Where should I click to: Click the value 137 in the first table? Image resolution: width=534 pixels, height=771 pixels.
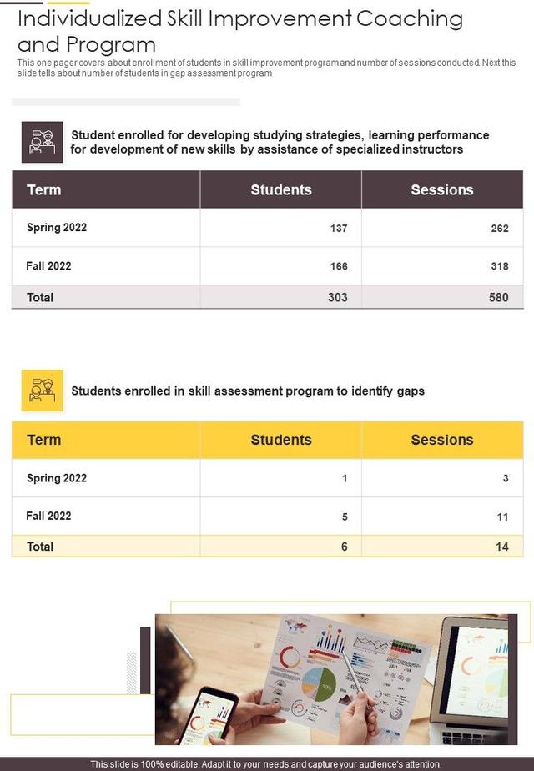pos(339,228)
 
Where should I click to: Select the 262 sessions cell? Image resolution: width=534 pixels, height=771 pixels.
pos(500,228)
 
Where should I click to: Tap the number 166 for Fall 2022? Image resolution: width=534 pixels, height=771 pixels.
pos(339,266)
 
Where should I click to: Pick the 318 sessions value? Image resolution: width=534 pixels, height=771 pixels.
pos(500,266)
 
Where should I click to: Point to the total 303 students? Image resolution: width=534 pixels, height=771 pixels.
pos(338,297)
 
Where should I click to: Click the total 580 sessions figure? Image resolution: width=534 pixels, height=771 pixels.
pos(499,297)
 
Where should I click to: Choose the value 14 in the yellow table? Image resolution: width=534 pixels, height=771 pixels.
pos(501,547)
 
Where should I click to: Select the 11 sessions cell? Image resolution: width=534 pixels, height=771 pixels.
pos(502,517)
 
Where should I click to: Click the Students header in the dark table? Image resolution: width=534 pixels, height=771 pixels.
pos(281,189)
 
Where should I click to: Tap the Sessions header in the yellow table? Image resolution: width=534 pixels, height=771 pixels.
pos(442,440)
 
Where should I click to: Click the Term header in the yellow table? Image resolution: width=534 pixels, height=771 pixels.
pos(44,440)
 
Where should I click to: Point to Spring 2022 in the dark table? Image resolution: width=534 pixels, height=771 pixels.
pos(57,228)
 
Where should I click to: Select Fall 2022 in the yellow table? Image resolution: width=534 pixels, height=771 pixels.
pos(48,516)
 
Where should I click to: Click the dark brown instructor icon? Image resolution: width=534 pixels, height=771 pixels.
pos(43,142)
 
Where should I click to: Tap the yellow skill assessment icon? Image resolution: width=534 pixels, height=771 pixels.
pos(43,391)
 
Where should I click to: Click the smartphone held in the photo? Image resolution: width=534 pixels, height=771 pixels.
pos(208,714)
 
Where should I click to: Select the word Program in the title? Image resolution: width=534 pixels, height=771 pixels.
pos(116,44)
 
